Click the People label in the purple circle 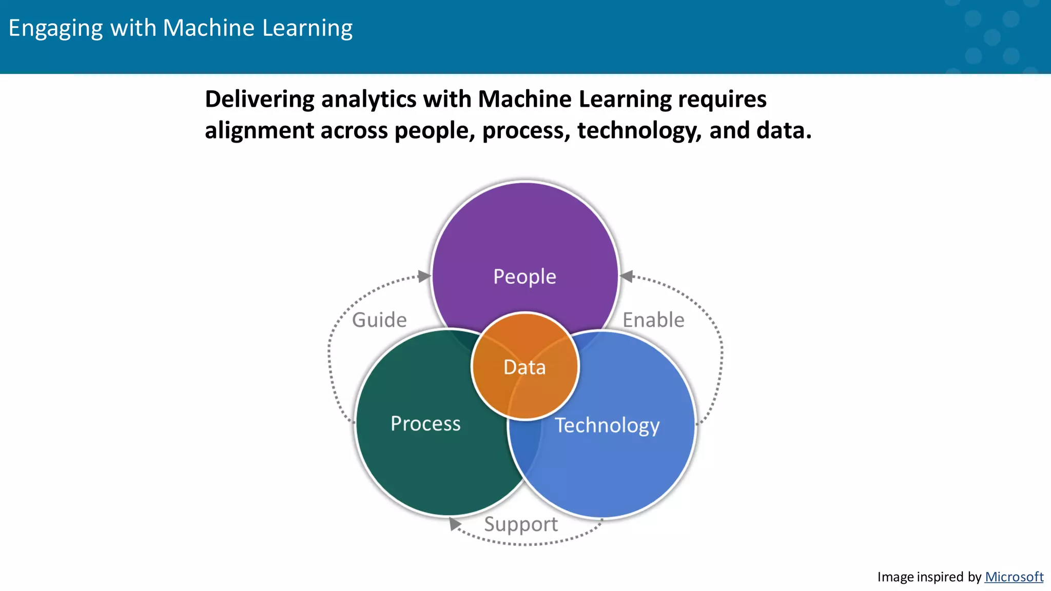click(x=524, y=277)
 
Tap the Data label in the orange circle click(x=524, y=367)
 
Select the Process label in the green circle click(x=425, y=424)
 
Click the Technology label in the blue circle click(x=607, y=425)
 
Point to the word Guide click(x=379, y=320)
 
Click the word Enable click(x=653, y=320)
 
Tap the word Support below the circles click(x=520, y=524)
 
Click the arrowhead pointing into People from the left click(x=424, y=277)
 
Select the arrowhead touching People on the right click(x=627, y=277)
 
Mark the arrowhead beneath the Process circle click(x=454, y=524)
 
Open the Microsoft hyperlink click(x=1014, y=577)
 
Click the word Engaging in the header click(x=55, y=28)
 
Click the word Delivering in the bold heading click(x=260, y=99)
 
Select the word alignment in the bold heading click(x=259, y=130)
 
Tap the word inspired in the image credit click(x=940, y=577)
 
